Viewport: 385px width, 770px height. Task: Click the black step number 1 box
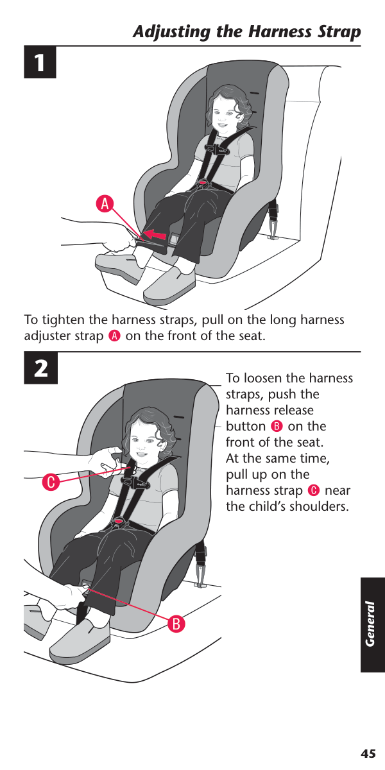pos(40,62)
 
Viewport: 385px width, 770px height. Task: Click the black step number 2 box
pos(40,368)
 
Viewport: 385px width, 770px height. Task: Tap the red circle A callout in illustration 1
pos(105,204)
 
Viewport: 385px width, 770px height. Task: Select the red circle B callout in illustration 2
pos(176,623)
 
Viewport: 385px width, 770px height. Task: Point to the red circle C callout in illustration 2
pos(51,482)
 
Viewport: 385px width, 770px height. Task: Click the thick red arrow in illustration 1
pos(155,235)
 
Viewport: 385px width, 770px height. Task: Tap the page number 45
pos(368,753)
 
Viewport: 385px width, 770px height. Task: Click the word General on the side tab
pos(370,624)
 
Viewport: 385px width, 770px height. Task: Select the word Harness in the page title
pos(280,31)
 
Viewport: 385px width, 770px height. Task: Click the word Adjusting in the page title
pos(171,32)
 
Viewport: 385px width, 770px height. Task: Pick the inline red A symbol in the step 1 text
pos(114,336)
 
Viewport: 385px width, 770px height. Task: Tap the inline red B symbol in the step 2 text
pos(277,426)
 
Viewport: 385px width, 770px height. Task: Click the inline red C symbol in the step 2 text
pos(314,490)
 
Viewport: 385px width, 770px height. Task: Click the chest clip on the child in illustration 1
pos(216,150)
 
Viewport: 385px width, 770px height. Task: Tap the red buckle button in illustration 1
pos(203,182)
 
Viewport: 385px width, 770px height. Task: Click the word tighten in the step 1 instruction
pos(64,320)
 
